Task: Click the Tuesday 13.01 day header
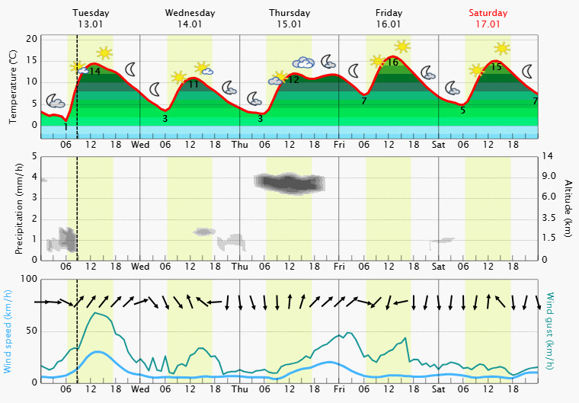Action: (91, 18)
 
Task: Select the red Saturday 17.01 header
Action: (488, 18)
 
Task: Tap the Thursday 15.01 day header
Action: (289, 18)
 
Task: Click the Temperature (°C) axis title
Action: (13, 87)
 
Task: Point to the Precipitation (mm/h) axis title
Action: (19, 208)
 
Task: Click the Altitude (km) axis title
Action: (568, 208)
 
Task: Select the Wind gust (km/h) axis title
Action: (550, 331)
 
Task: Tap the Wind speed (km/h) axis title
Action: (7, 331)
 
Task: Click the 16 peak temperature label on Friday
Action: (392, 62)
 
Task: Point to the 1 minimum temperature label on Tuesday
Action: (66, 127)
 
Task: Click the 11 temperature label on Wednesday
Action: (194, 85)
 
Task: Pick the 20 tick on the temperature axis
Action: (31, 39)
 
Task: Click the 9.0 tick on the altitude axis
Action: (549, 176)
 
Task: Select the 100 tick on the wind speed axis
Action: (29, 279)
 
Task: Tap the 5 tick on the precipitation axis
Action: (35, 156)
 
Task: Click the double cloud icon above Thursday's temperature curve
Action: (303, 62)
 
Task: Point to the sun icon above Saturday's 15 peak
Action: (502, 49)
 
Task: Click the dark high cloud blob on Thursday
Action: (289, 183)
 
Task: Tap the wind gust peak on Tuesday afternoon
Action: (95, 313)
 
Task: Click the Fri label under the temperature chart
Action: (339, 145)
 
